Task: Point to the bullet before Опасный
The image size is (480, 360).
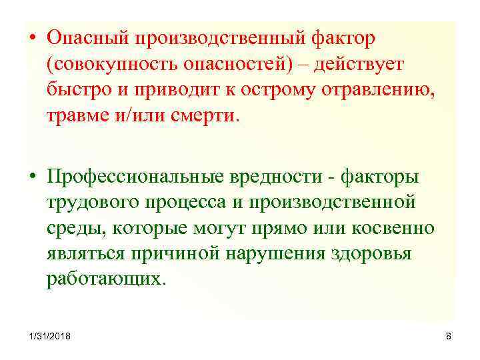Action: (33, 39)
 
